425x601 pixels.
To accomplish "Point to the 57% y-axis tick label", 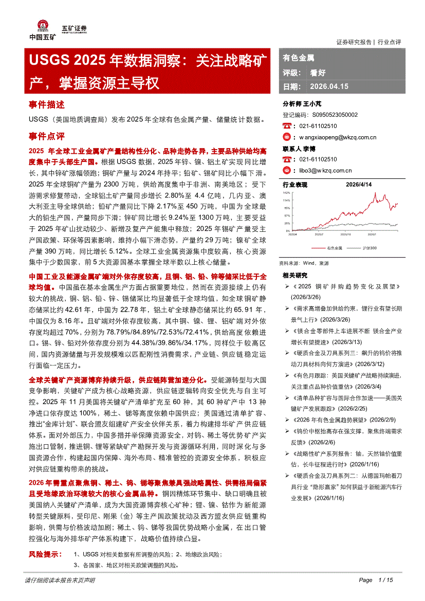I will click(287, 215).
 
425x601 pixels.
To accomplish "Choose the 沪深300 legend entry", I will click(369, 248).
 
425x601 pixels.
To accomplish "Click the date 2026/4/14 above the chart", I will click(358, 184).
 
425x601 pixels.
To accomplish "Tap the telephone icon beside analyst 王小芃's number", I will click(287, 126).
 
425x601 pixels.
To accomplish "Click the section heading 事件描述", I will click(47, 105).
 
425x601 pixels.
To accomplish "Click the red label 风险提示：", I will click(45, 555).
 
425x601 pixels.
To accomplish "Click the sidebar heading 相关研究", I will click(295, 276).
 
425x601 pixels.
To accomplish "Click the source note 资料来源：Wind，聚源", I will click(304, 262).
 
